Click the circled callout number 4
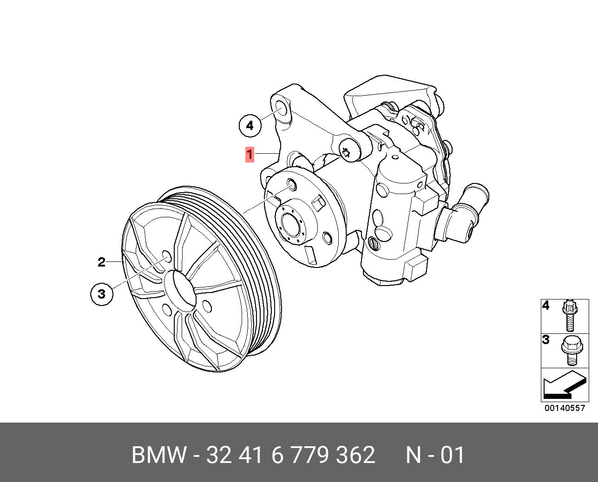250,125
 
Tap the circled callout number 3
101,293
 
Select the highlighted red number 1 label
250,154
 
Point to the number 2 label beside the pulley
101,262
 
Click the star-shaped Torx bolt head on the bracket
347,151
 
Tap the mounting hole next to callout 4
282,110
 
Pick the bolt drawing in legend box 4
570,315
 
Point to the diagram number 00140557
565,408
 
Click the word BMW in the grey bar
159,455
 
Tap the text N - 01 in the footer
435,455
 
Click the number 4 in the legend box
546,306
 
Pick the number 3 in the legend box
546,340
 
